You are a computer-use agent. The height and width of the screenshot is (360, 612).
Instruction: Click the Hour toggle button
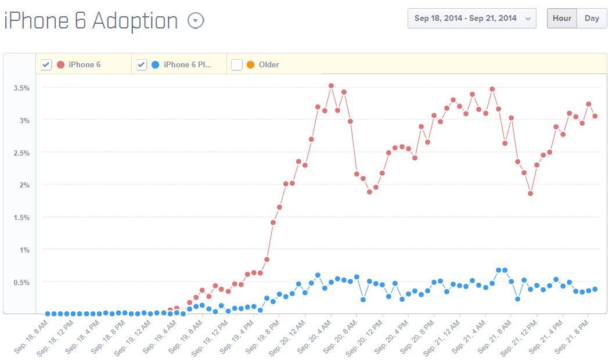coord(561,18)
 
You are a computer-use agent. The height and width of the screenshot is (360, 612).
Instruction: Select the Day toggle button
coord(592,18)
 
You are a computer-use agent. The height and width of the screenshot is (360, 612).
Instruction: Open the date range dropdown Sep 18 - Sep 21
coord(471,18)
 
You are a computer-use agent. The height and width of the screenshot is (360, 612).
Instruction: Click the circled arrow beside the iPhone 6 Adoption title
coord(196,21)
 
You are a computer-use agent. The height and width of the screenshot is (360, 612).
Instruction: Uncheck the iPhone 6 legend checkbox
coord(46,64)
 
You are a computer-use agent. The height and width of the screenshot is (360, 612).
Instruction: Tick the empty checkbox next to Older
coord(236,64)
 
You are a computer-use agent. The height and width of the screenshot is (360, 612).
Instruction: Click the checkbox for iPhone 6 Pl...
coord(141,64)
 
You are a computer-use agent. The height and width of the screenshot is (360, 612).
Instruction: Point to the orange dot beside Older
coord(250,64)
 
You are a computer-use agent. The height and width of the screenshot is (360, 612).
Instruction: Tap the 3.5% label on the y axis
coord(21,88)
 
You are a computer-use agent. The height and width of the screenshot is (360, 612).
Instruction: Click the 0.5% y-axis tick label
coord(21,282)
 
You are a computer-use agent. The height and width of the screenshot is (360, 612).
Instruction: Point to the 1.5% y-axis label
coord(21,217)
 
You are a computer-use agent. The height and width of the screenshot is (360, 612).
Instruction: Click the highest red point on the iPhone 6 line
coord(331,85)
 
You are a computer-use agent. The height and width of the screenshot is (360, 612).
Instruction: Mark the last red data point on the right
coord(595,116)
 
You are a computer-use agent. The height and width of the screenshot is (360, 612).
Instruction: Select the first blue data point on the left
coord(48,314)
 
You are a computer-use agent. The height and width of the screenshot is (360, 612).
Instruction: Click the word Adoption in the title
coord(135,21)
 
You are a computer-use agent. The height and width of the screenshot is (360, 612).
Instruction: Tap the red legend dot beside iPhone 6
coord(60,64)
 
